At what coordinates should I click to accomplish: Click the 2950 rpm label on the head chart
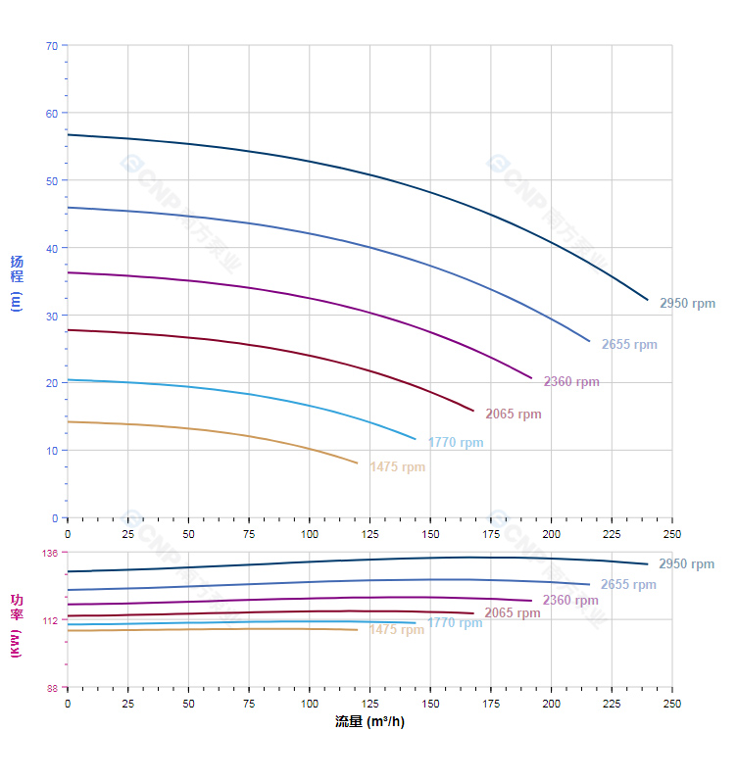(x=687, y=304)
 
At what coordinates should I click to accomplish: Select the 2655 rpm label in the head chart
(x=629, y=345)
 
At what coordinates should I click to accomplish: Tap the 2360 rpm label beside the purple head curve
(x=571, y=382)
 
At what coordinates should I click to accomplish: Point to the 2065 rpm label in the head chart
(x=513, y=415)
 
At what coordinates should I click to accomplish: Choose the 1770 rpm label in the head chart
(x=455, y=443)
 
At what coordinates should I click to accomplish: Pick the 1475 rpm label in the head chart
(x=397, y=467)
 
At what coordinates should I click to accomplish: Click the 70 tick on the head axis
(x=52, y=46)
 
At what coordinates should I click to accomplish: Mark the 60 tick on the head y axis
(x=52, y=114)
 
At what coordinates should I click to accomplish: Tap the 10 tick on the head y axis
(x=53, y=451)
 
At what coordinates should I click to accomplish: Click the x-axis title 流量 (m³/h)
(x=369, y=722)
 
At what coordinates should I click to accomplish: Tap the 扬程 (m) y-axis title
(x=17, y=282)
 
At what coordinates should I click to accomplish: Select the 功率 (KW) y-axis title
(x=17, y=624)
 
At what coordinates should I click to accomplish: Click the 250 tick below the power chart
(x=672, y=704)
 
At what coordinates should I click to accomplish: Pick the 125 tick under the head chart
(x=369, y=534)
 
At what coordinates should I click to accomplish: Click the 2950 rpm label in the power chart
(x=686, y=564)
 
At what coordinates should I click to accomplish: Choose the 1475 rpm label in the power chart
(x=396, y=630)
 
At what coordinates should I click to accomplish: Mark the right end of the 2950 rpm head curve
(x=648, y=300)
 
